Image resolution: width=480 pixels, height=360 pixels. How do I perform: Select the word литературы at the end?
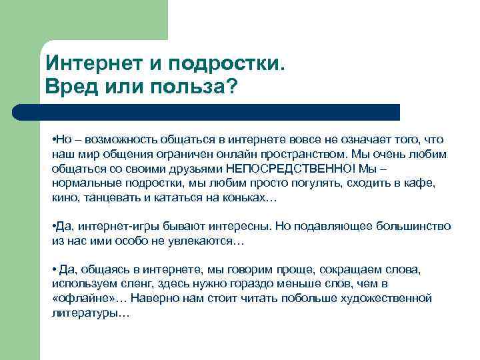point(83,312)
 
